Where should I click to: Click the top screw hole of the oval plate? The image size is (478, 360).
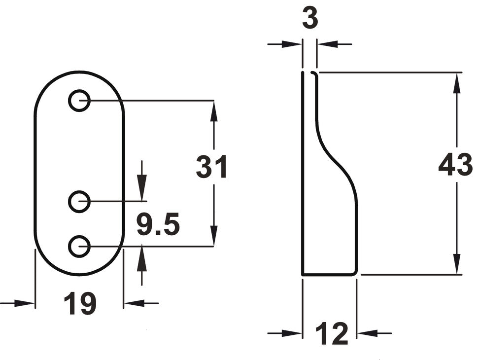[x=79, y=100]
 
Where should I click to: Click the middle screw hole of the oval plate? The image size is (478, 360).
[x=79, y=201]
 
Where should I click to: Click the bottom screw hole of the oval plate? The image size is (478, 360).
[x=79, y=246]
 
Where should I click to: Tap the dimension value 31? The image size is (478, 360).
[x=211, y=167]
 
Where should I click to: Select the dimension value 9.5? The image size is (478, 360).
[x=158, y=224]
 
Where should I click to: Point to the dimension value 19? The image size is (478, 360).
[x=80, y=303]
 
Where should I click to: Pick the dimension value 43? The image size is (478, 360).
[x=455, y=165]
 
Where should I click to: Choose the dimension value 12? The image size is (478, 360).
[x=332, y=333]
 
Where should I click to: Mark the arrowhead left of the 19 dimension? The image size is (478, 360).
[x=25, y=303]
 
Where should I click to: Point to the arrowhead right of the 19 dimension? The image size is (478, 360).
[x=134, y=303]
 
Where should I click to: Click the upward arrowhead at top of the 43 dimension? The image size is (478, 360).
[x=456, y=83]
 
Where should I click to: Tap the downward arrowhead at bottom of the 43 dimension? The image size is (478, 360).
[x=456, y=264]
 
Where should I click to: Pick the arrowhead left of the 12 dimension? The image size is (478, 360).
[x=292, y=333]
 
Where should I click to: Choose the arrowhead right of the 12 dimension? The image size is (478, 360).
[x=367, y=333]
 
